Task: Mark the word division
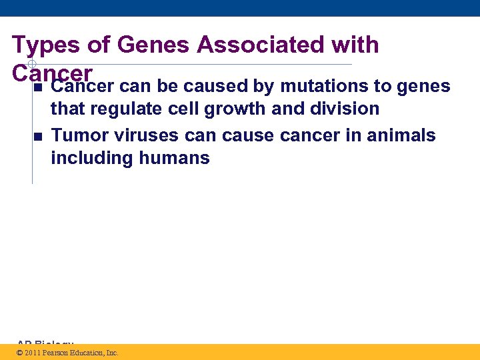pyautogui.click(x=341, y=109)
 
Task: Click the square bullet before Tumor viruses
pyautogui.click(x=38, y=137)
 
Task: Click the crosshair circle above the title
pyautogui.click(x=31, y=64)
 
